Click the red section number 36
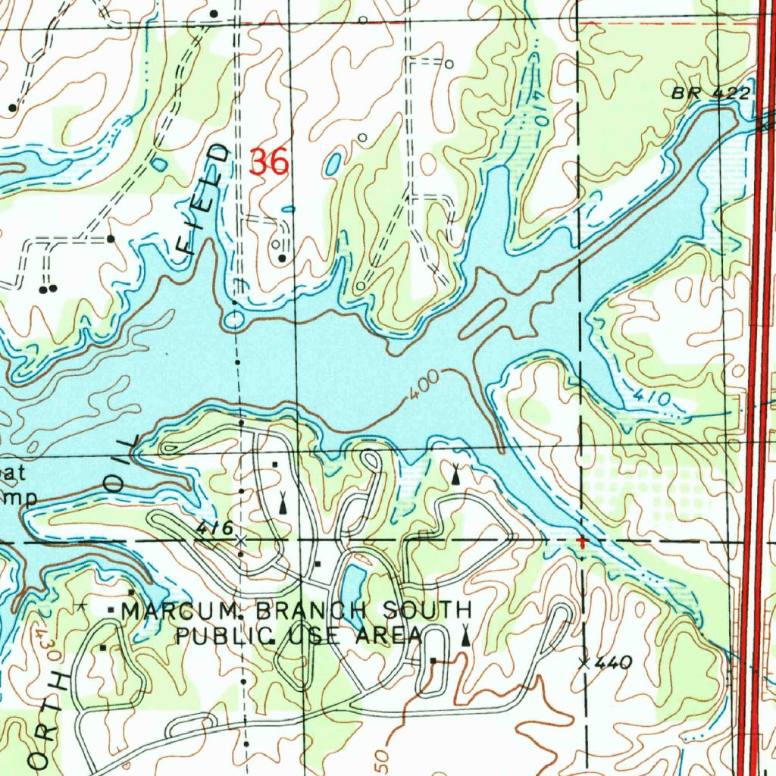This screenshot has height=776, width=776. point(269,162)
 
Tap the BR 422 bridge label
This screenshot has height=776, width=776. point(710,93)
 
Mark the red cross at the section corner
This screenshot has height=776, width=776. point(581,542)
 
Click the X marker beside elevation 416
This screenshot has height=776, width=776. point(241,540)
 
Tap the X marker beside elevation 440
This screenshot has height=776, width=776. point(584,664)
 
